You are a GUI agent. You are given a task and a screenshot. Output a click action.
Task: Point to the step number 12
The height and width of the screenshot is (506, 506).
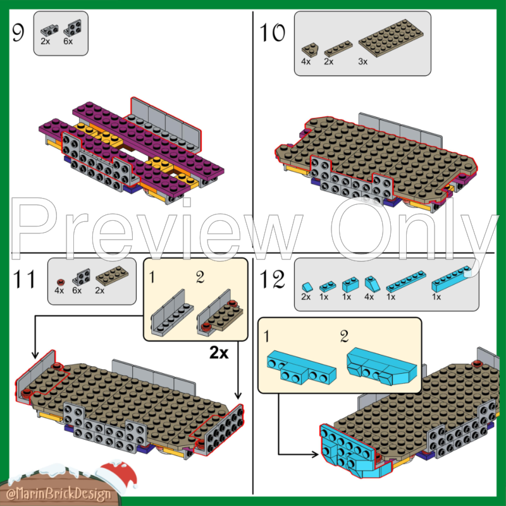pos(274,279)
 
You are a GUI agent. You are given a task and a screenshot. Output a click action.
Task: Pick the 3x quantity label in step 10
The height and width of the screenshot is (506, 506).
pos(363,61)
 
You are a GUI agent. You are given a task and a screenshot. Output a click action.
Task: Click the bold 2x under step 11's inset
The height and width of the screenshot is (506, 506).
pos(218,353)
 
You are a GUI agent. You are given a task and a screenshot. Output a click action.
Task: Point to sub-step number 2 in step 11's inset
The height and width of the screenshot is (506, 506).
pos(201,277)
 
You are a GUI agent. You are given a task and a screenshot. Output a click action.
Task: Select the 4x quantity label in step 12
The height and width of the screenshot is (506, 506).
pos(368,297)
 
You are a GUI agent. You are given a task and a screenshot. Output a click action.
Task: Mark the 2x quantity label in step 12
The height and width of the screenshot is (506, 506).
pos(306,297)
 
